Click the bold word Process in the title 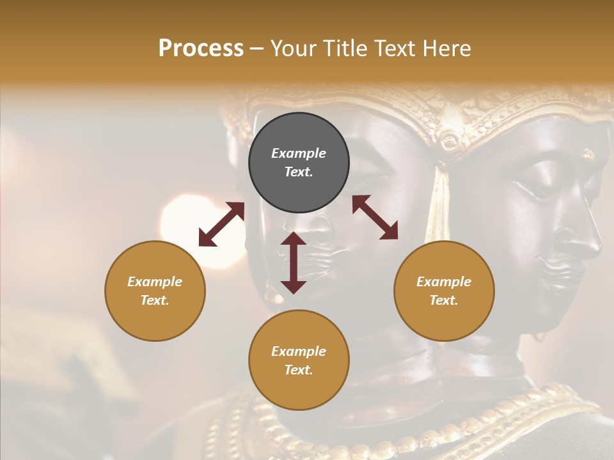pos(201,49)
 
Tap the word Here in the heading pos(446,49)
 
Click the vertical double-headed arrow pos(294,263)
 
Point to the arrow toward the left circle pos(221,224)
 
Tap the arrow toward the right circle pos(375,217)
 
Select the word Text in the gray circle pos(299,172)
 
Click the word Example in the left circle pos(155,282)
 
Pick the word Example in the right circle pos(444,282)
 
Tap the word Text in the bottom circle pos(299,370)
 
